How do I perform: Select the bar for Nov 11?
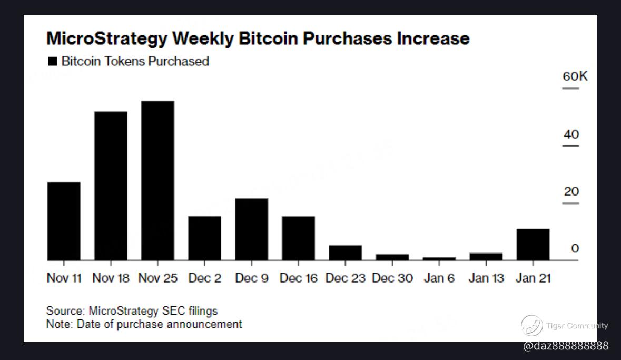click(64, 221)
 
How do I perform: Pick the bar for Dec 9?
click(251, 229)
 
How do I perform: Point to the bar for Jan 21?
click(533, 245)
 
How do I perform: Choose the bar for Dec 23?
click(345, 252)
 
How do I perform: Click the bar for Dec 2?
click(204, 238)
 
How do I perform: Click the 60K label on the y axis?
click(575, 76)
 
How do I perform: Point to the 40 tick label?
click(571, 134)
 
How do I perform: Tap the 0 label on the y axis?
click(575, 249)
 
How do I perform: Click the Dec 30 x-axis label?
click(392, 278)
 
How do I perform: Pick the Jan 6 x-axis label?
click(439, 278)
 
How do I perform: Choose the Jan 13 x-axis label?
click(486, 278)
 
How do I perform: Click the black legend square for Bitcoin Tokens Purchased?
click(52, 62)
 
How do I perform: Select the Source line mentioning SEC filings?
click(132, 310)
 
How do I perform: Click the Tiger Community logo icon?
click(531, 325)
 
